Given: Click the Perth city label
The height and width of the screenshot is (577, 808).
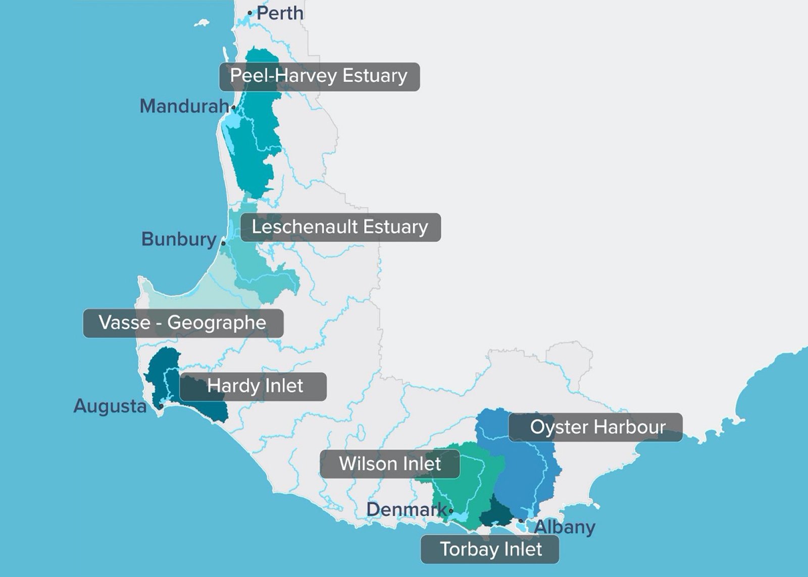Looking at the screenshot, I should (x=280, y=13).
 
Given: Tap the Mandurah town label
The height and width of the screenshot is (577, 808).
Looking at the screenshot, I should (x=184, y=106).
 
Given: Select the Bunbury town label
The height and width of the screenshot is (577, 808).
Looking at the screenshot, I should (x=179, y=239).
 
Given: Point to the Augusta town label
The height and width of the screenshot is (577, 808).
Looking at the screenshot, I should (x=110, y=406).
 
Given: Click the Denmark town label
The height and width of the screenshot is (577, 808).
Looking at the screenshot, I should (x=407, y=509).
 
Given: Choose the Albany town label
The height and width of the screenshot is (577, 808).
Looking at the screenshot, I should (x=565, y=527).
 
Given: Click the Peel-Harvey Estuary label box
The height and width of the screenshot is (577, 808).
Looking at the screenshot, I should (x=319, y=76).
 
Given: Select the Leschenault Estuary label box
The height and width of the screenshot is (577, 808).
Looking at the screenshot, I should (x=340, y=227).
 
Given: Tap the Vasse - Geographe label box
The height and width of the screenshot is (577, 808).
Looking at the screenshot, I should (x=183, y=323).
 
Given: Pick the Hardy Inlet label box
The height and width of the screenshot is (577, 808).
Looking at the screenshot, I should (x=253, y=387).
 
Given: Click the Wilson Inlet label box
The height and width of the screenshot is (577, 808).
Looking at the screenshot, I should (x=390, y=464).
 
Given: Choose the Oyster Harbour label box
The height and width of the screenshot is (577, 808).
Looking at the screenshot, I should (x=595, y=427).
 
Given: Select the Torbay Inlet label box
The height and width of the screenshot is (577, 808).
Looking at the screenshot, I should (x=490, y=549).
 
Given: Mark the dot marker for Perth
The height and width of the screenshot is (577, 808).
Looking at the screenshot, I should (x=249, y=13).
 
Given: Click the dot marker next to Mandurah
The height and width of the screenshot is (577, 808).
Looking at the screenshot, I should (x=233, y=107).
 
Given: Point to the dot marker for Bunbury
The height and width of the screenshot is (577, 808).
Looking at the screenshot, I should (x=223, y=243).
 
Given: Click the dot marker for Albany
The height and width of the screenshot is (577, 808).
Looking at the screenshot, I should (x=521, y=520).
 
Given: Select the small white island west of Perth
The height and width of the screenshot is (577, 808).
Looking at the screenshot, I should (x=202, y=23).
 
